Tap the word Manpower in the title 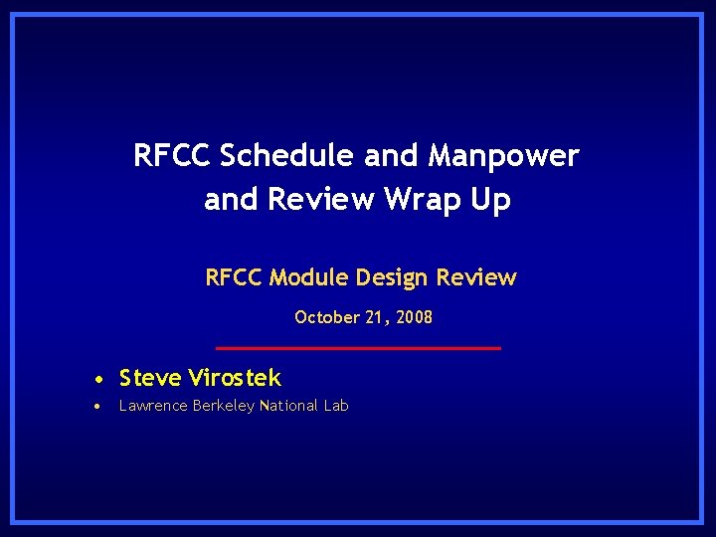tap(503, 156)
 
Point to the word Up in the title tap(491, 200)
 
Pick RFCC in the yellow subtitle tap(235, 277)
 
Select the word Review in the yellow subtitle tap(477, 277)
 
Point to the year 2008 tap(414, 318)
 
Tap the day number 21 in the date tap(377, 318)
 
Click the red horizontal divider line tap(358, 348)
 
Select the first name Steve tap(150, 378)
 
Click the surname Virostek tap(235, 378)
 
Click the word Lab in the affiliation tap(336, 406)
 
